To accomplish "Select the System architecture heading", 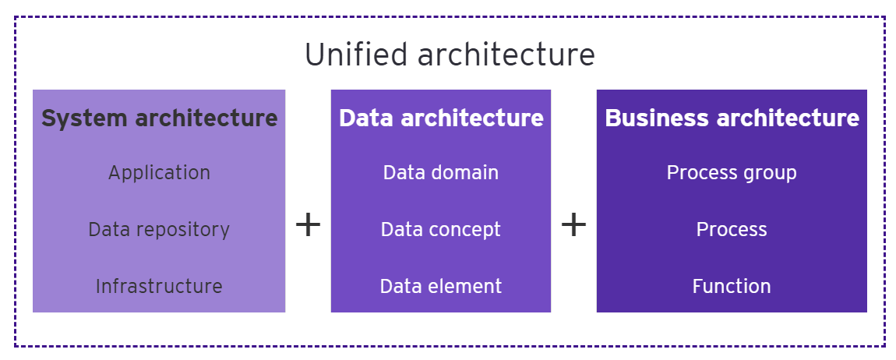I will (x=159, y=118).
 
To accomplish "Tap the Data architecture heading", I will (x=441, y=118).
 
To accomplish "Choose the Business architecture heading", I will (x=732, y=118).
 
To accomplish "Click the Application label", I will (x=159, y=172).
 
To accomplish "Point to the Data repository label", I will (x=159, y=230).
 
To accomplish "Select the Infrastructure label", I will (x=159, y=287).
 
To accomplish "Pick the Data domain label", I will (x=441, y=172).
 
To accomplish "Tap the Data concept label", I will (x=441, y=230).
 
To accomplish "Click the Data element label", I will (x=441, y=287).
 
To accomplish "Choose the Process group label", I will (x=732, y=172).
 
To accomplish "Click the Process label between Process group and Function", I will (x=732, y=230).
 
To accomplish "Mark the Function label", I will (x=732, y=287).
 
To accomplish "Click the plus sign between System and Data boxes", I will (x=309, y=226).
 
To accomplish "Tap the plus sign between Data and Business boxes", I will (x=573, y=226).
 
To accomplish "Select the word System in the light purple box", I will (x=83, y=118).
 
